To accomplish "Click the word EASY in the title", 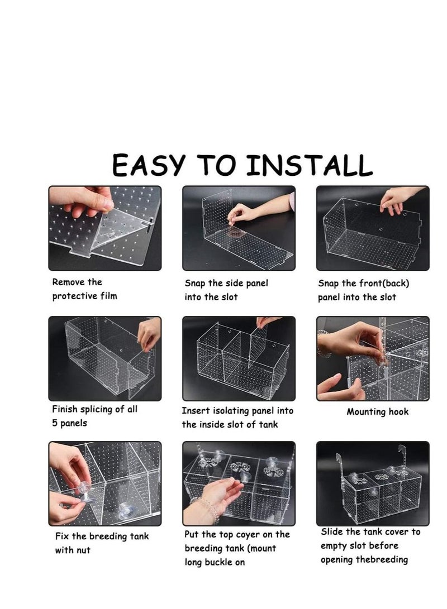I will (x=148, y=165).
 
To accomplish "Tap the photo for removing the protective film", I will (x=104, y=228).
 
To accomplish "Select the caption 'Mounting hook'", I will (x=378, y=412).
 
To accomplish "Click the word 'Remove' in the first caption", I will (x=69, y=282).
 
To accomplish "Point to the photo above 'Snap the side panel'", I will (x=239, y=228).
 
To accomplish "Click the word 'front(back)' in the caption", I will (x=394, y=283).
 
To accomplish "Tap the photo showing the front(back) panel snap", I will (x=373, y=228).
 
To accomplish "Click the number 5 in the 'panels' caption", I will (x=55, y=423).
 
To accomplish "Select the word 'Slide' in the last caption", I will (x=332, y=532).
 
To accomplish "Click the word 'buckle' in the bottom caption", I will (x=218, y=562).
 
